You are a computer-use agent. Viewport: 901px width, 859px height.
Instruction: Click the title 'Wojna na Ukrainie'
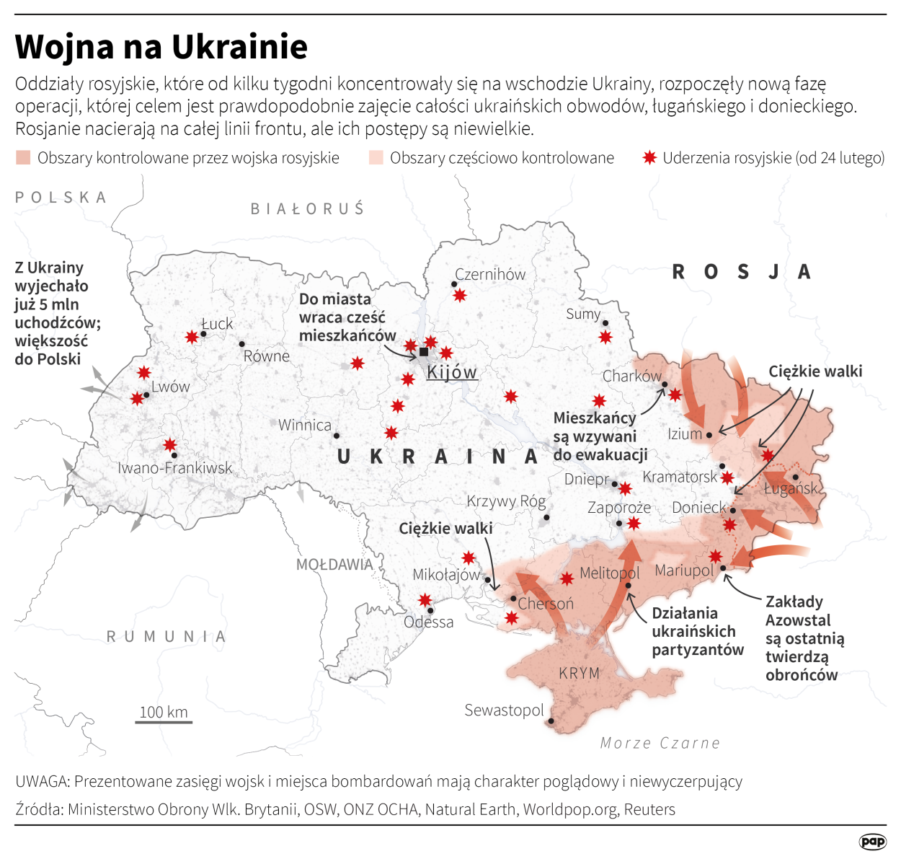click(x=161, y=47)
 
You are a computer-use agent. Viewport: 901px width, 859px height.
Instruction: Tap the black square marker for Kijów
click(x=424, y=352)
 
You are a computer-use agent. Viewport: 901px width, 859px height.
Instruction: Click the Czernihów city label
click(x=490, y=274)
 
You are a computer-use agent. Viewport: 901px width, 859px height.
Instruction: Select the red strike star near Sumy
click(x=605, y=337)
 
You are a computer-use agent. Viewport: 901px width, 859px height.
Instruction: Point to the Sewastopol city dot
click(x=551, y=721)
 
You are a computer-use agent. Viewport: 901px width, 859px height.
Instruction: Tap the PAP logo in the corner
click(x=872, y=841)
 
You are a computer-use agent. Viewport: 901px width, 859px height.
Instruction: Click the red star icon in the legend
click(x=649, y=157)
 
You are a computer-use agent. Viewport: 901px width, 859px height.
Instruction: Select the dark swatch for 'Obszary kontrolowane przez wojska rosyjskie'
click(x=23, y=157)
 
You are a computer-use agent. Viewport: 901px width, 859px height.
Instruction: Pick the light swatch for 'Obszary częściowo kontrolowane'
click(x=376, y=157)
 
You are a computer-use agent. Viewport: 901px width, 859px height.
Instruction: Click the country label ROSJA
click(x=742, y=272)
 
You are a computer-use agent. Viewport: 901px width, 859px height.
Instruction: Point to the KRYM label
click(x=579, y=673)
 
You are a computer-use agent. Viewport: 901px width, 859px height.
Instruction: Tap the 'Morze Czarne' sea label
click(x=660, y=743)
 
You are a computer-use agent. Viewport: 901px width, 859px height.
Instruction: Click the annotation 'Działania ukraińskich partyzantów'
click(x=697, y=632)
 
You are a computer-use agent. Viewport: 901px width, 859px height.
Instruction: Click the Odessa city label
click(x=429, y=622)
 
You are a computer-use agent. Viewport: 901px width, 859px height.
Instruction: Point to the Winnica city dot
click(x=337, y=436)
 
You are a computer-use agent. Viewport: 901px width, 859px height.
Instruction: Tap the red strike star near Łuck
click(x=192, y=337)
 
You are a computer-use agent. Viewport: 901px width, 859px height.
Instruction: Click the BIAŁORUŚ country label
click(x=308, y=208)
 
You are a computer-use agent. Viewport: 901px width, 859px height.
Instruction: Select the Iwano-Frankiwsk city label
click(x=175, y=468)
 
